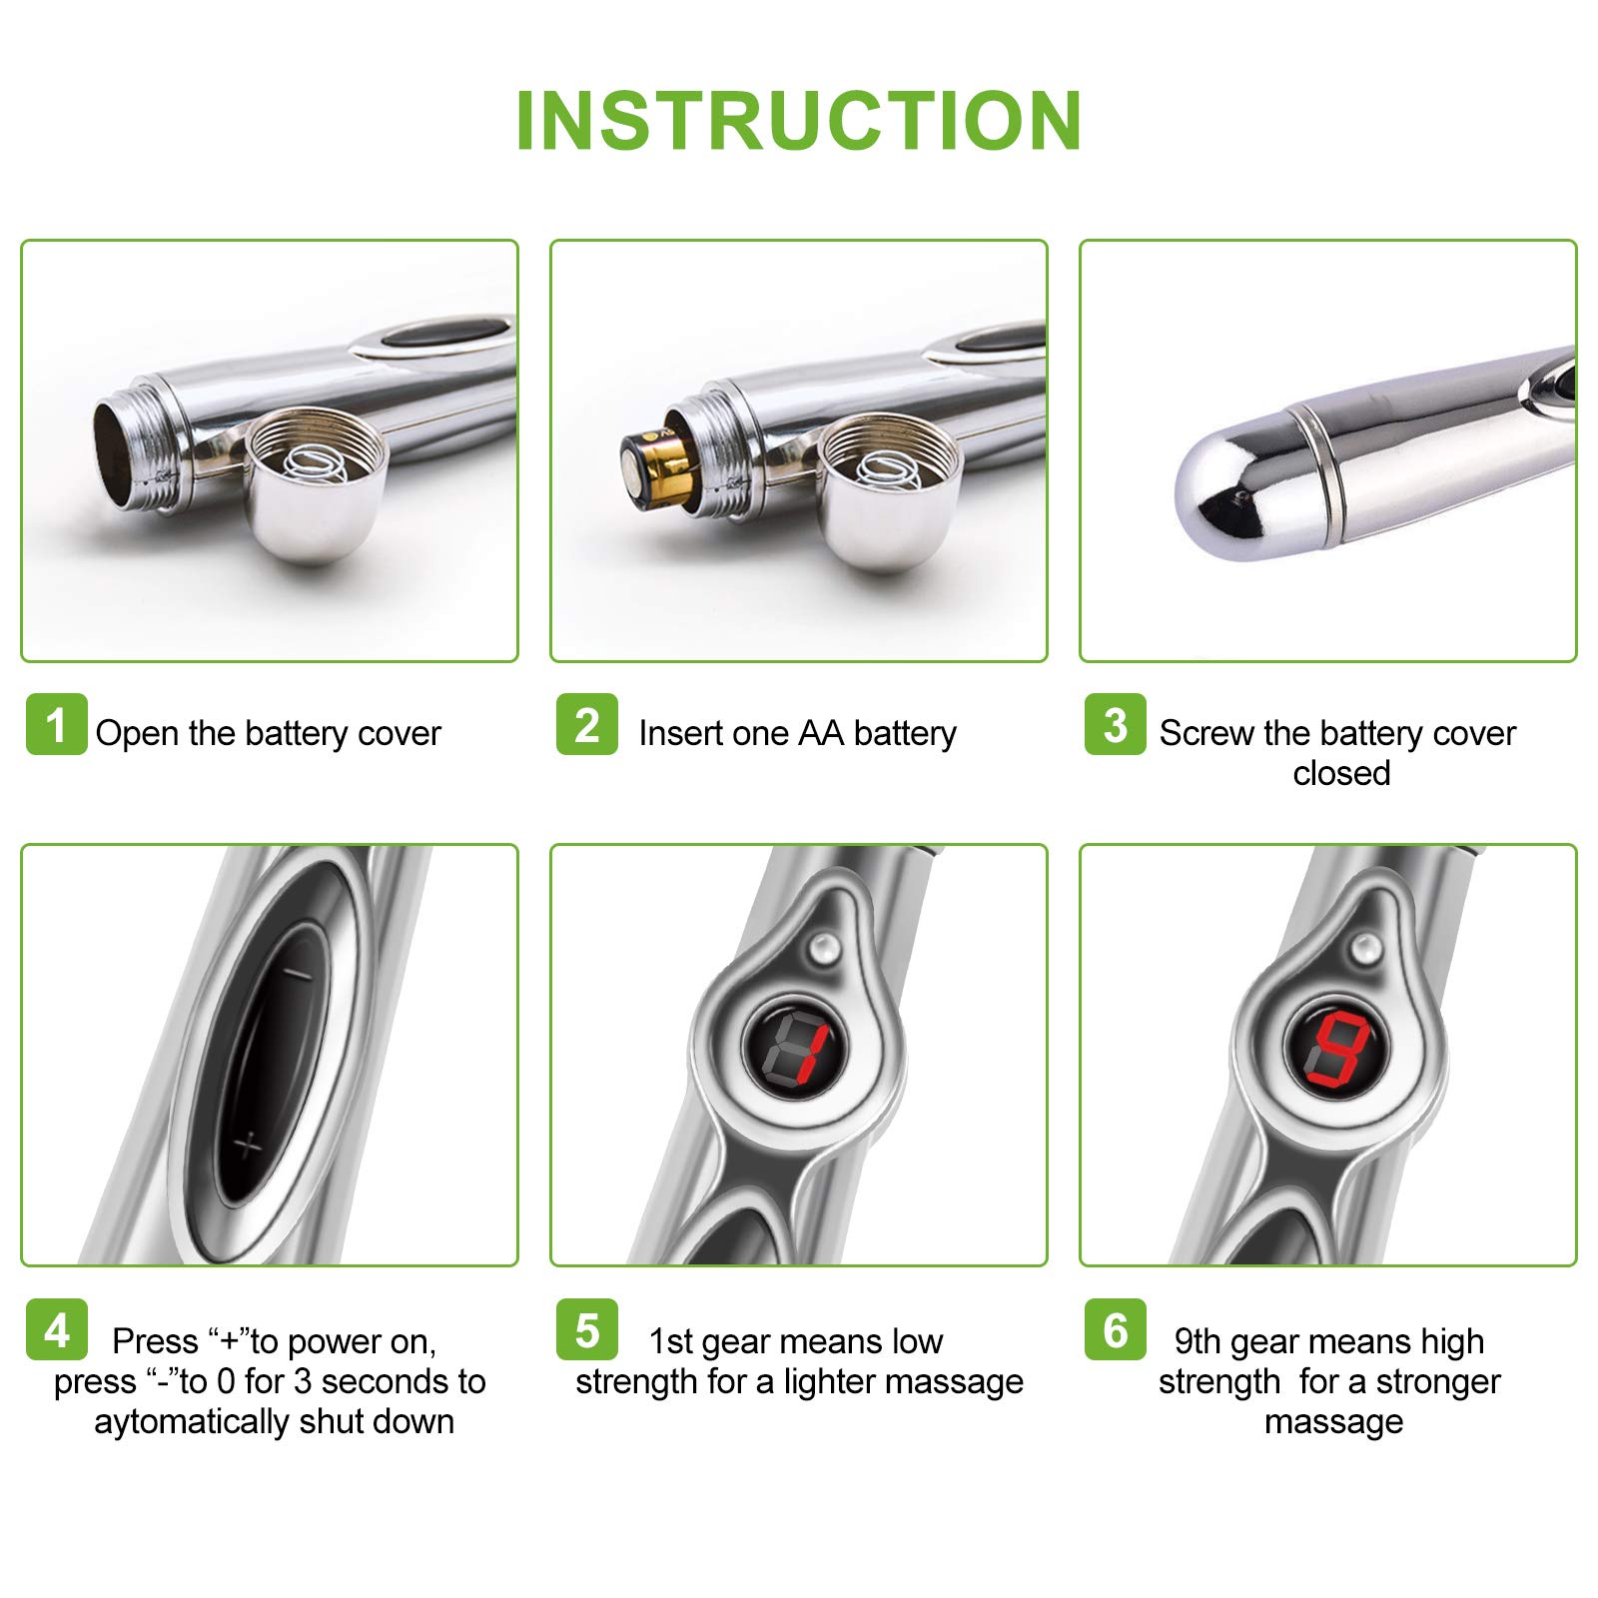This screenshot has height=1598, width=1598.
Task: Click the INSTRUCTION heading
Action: coord(799,121)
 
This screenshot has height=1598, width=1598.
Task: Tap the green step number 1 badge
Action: coord(57,724)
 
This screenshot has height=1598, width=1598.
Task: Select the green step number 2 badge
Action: coord(587,724)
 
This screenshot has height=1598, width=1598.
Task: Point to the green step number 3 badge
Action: coord(1116,724)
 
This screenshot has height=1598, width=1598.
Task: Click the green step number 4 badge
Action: coord(57,1329)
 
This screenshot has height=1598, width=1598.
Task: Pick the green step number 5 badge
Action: coord(587,1329)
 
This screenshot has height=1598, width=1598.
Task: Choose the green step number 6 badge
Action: coord(1116,1329)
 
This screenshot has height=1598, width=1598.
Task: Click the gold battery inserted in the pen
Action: coord(657,463)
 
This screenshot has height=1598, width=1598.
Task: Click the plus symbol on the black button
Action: coord(246,1146)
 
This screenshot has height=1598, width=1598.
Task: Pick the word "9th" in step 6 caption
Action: coord(1198,1341)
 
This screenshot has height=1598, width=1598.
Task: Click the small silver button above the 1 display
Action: coord(823,949)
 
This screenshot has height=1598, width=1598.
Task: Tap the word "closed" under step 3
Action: coord(1341,773)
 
